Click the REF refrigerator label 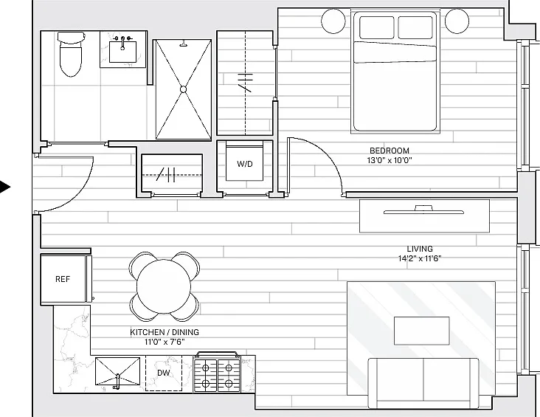tap(63, 279)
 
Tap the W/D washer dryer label tap(244, 164)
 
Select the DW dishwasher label tap(164, 373)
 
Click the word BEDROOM tap(390, 151)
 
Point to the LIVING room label tap(420, 249)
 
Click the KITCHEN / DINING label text tap(165, 332)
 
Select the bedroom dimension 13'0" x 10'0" tap(390, 160)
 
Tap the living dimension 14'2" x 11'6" tap(420, 258)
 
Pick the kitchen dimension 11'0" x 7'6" tap(165, 342)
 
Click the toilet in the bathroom tap(72, 54)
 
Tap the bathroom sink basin tap(122, 52)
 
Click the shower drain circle tap(183, 89)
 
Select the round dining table tap(164, 286)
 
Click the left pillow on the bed tap(376, 27)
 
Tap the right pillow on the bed tap(415, 27)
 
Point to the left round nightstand tap(333, 21)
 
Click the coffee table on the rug tap(421, 331)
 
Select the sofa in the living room tap(423, 383)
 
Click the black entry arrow tap(5, 187)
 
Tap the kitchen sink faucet tap(117, 382)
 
